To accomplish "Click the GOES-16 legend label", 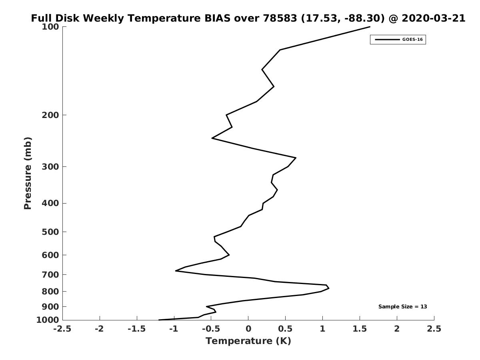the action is [x=412, y=40].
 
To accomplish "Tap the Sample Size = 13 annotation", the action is [x=402, y=307].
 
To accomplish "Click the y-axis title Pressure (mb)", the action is [x=28, y=173].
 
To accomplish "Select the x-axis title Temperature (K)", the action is [x=248, y=341].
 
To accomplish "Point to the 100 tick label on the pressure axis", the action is [x=50, y=27].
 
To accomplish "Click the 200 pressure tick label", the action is [x=50, y=115].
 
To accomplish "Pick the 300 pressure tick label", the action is [x=50, y=167].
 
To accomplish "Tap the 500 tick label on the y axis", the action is [x=50, y=232].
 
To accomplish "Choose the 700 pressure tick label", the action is [x=50, y=274].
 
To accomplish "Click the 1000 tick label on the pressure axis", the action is [x=48, y=320].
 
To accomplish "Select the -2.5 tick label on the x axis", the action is [x=62, y=329].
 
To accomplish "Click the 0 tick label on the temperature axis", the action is [x=248, y=329].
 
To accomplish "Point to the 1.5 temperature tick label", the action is [x=360, y=329].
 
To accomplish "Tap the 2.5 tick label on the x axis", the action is [x=434, y=329].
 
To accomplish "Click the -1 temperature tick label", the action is [x=174, y=329].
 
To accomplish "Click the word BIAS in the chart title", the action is [x=217, y=18].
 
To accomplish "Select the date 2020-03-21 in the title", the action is [x=434, y=18].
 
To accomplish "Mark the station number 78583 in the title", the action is [x=280, y=18].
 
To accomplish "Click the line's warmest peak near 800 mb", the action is [x=329, y=288].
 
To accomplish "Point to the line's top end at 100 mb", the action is [x=370, y=27].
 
